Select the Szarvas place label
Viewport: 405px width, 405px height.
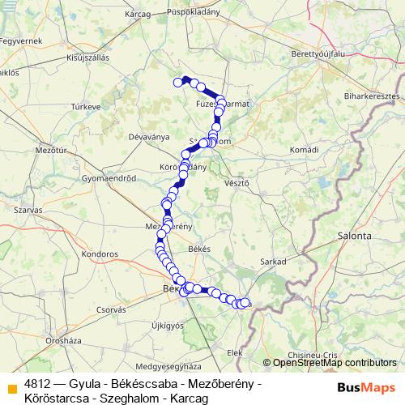click(x=28, y=209)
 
